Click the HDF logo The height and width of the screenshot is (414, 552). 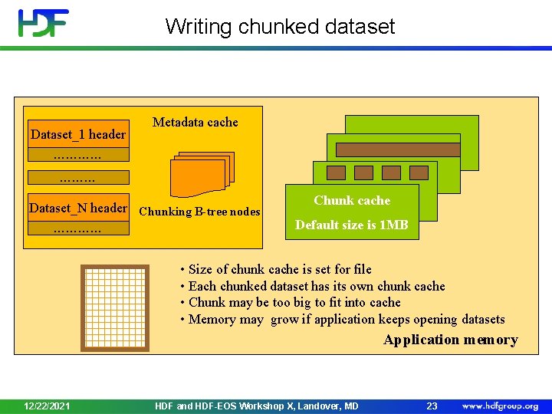point(44,23)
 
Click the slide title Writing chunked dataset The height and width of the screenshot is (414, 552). point(280,27)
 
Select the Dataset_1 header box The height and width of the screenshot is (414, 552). point(77,135)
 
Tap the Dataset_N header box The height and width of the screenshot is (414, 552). point(77,208)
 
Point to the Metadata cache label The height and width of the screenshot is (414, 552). point(195,122)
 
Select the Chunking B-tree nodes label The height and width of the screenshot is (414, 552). point(199,212)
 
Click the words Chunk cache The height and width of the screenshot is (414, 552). point(352,200)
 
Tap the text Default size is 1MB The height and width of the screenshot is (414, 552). point(352,225)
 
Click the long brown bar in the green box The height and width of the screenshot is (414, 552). point(398,149)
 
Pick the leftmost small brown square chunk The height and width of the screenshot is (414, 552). point(336,172)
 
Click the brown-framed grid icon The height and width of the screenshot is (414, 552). point(115,306)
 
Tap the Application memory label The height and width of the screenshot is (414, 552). point(451,340)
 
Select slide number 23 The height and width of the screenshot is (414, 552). point(432,406)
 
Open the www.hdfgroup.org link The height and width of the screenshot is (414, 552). point(500,406)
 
